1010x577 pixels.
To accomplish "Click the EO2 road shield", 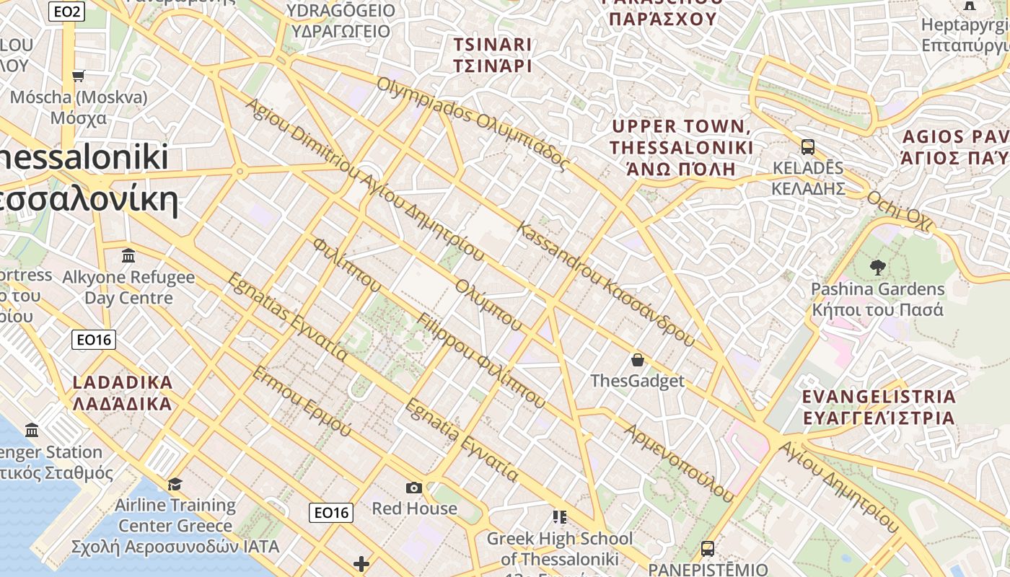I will (x=66, y=11).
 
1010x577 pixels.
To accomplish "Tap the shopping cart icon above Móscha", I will (x=79, y=76).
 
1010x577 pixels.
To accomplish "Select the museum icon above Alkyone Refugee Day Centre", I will (x=128, y=255).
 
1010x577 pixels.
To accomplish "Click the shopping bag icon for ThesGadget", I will (x=637, y=359).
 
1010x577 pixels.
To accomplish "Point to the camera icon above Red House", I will (x=413, y=488).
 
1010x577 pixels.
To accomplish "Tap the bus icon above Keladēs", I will (x=808, y=147).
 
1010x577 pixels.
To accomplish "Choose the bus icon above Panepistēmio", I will (x=708, y=548).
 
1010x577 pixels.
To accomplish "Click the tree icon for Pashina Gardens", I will (x=877, y=268).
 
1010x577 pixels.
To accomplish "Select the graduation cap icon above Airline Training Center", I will (x=175, y=484).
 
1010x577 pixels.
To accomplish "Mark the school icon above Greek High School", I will (x=559, y=516).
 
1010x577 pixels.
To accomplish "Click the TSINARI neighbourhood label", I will (x=492, y=55).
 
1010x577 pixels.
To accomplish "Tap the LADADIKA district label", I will (x=123, y=393).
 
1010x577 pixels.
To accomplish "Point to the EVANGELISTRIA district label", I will (x=879, y=407).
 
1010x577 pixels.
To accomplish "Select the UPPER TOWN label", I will (x=681, y=148).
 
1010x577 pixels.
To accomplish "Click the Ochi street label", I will (x=898, y=212).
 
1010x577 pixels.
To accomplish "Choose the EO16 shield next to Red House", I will (x=332, y=513).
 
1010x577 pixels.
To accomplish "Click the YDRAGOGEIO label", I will (x=341, y=21).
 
